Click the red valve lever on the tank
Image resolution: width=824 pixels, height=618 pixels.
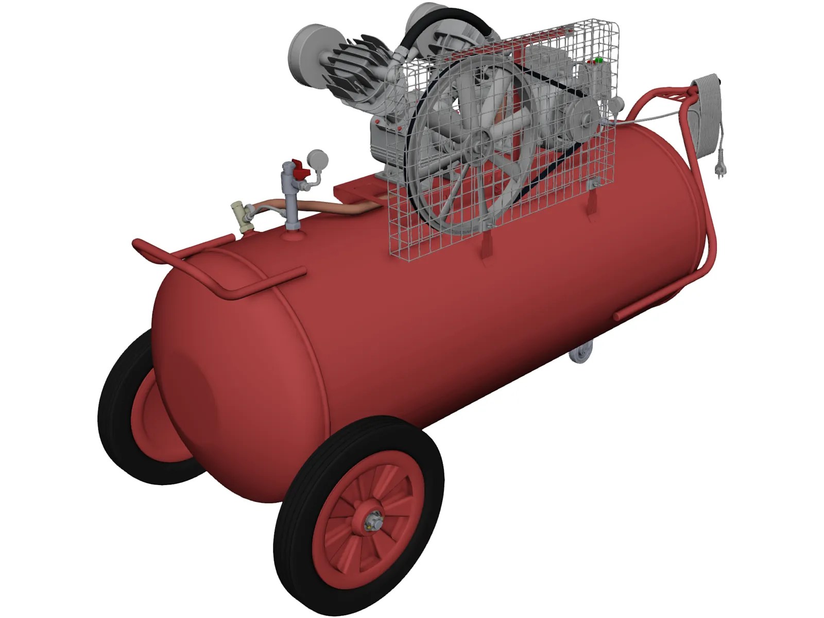pyautogui.click(x=297, y=167)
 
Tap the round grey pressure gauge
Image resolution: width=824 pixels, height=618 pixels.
pyautogui.click(x=315, y=158)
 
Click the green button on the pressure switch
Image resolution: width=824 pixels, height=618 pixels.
pyautogui.click(x=598, y=60)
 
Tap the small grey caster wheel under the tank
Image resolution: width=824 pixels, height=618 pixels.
pyautogui.click(x=580, y=355)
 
